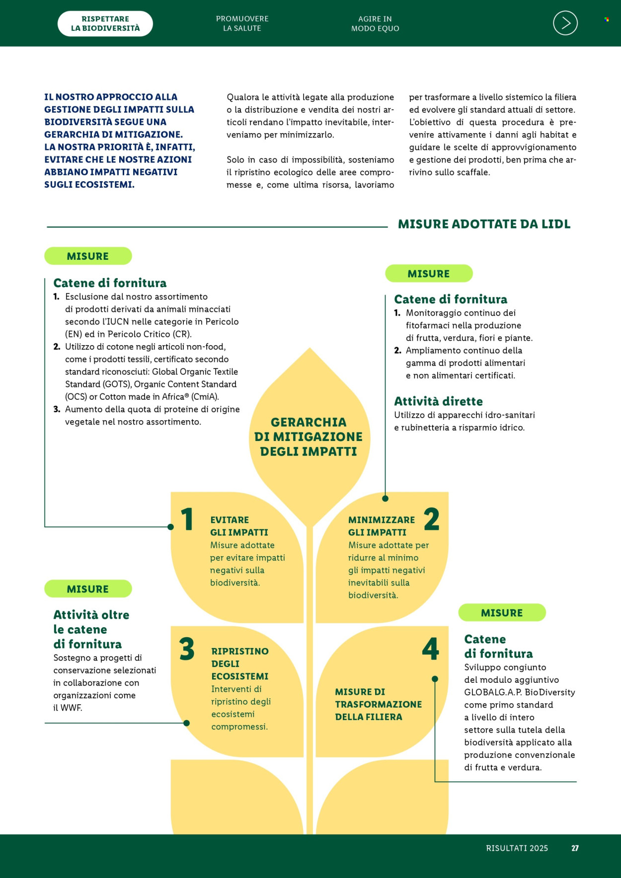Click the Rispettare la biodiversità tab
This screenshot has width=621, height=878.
pyautogui.click(x=105, y=23)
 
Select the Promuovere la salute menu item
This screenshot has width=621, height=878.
pyautogui.click(x=242, y=23)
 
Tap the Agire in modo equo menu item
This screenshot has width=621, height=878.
pyautogui.click(x=375, y=23)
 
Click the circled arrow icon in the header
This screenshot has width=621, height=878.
pyautogui.click(x=565, y=23)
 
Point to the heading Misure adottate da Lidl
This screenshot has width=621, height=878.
pyautogui.click(x=484, y=224)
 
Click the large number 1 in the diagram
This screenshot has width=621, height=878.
pyautogui.click(x=187, y=519)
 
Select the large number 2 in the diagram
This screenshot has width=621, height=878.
pyautogui.click(x=431, y=519)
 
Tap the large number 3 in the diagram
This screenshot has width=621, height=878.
pyautogui.click(x=187, y=649)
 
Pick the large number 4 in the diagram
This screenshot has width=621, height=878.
pyautogui.click(x=431, y=649)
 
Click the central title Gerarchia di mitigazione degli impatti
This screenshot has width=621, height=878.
pyautogui.click(x=309, y=437)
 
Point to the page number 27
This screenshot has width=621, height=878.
pyautogui.click(x=575, y=848)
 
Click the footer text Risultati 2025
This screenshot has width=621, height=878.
pyautogui.click(x=517, y=848)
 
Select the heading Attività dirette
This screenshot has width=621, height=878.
pyautogui.click(x=438, y=401)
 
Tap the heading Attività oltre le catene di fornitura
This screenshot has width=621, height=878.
pyautogui.click(x=91, y=629)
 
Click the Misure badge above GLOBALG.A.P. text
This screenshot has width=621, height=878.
pyautogui.click(x=502, y=613)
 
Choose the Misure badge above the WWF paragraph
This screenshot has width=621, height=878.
pyautogui.click(x=88, y=589)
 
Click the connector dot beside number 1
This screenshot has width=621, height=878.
pyautogui.click(x=171, y=527)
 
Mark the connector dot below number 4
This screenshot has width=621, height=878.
pyautogui.click(x=435, y=679)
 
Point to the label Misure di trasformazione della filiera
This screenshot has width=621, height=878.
pyautogui.click(x=379, y=704)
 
